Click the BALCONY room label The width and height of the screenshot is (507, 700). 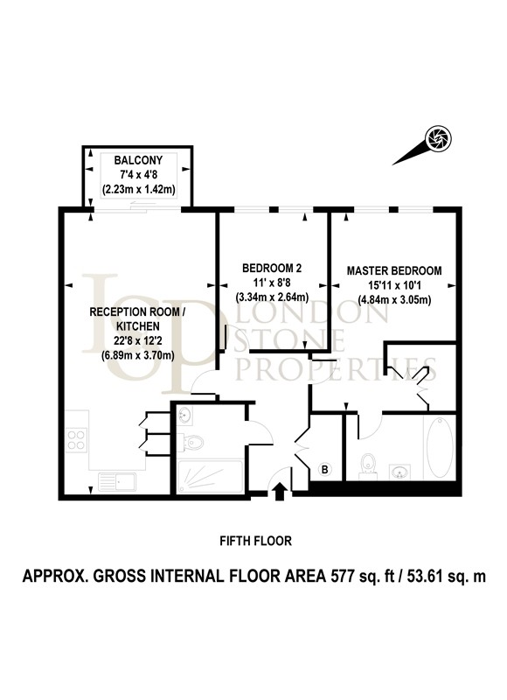[138, 160]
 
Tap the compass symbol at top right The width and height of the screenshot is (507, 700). [438, 137]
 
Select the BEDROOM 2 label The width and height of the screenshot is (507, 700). [272, 268]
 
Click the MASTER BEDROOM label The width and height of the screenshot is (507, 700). [394, 270]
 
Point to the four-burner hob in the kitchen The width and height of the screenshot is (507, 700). [76, 440]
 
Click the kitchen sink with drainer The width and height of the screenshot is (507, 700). [117, 481]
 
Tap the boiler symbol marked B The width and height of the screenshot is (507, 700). [325, 469]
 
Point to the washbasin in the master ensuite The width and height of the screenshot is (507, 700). [400, 472]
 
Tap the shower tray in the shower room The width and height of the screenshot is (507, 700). [210, 476]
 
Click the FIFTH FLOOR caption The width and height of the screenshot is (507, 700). [255, 541]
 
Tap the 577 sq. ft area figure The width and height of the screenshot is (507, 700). [362, 576]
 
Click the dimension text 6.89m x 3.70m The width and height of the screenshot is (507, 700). [138, 355]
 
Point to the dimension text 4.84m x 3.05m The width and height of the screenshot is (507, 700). [394, 299]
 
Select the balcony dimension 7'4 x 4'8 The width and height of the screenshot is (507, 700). [138, 174]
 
